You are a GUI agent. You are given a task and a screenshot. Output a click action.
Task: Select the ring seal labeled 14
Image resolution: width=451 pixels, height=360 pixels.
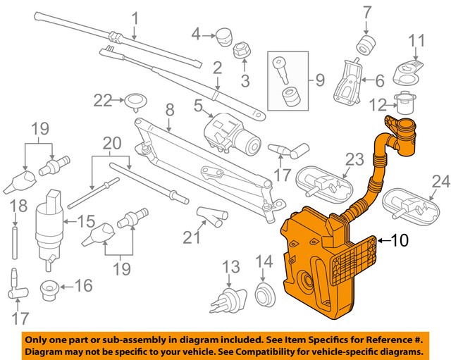[264, 294]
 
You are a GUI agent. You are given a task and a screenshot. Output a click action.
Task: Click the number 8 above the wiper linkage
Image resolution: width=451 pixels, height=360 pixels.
[169, 110]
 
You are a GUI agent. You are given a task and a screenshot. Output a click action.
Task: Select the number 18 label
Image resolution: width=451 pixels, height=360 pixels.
[19, 206]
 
